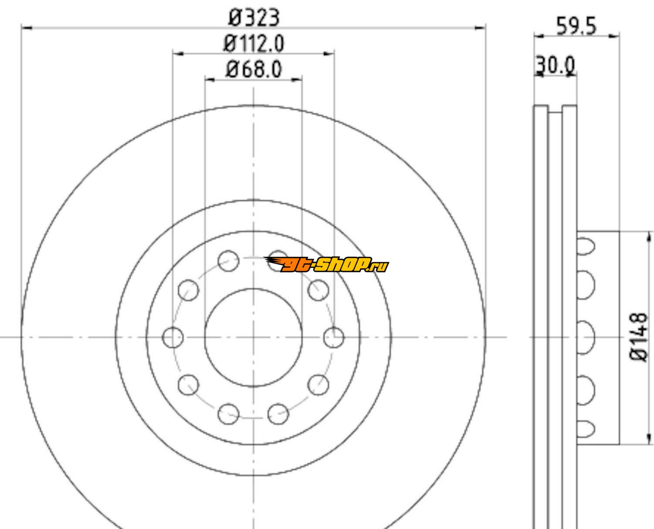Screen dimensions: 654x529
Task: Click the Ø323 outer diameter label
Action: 254,17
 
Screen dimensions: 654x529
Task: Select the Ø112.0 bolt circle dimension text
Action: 254,44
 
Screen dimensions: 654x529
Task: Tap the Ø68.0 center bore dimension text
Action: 254,69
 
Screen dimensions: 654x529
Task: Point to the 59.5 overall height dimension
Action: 576,26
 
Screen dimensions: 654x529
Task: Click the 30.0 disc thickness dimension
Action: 555,65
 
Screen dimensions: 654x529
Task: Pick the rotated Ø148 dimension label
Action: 639,337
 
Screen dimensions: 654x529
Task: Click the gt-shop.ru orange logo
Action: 327,264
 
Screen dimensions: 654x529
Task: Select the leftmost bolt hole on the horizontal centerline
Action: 173,338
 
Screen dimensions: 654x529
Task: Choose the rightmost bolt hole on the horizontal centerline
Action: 334,338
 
